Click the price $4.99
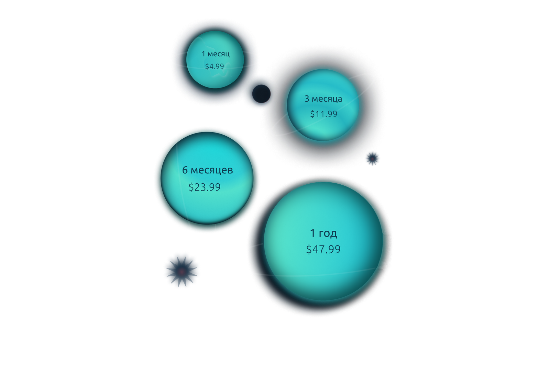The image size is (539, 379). pyautogui.click(x=214, y=66)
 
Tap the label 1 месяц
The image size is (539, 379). pyautogui.click(x=216, y=54)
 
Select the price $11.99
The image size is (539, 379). pyautogui.click(x=323, y=114)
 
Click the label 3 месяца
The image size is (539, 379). pyautogui.click(x=323, y=99)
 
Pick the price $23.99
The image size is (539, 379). pyautogui.click(x=205, y=187)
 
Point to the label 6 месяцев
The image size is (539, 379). pyautogui.click(x=207, y=170)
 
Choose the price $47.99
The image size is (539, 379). pyautogui.click(x=323, y=249)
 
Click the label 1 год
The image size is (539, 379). pyautogui.click(x=323, y=233)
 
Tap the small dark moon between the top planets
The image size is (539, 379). pyautogui.click(x=262, y=94)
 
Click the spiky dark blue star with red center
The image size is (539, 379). pyautogui.click(x=182, y=270)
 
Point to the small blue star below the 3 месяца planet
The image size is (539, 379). pyautogui.click(x=372, y=158)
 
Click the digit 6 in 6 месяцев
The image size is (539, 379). pyautogui.click(x=185, y=170)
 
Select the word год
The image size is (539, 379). pyautogui.click(x=328, y=233)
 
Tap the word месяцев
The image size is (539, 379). pyautogui.click(x=211, y=170)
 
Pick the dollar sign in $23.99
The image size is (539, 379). pyautogui.click(x=191, y=187)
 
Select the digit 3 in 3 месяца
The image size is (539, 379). pyautogui.click(x=307, y=99)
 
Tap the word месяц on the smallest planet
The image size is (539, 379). pyautogui.click(x=219, y=54)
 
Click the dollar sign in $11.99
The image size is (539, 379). pyautogui.click(x=312, y=114)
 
